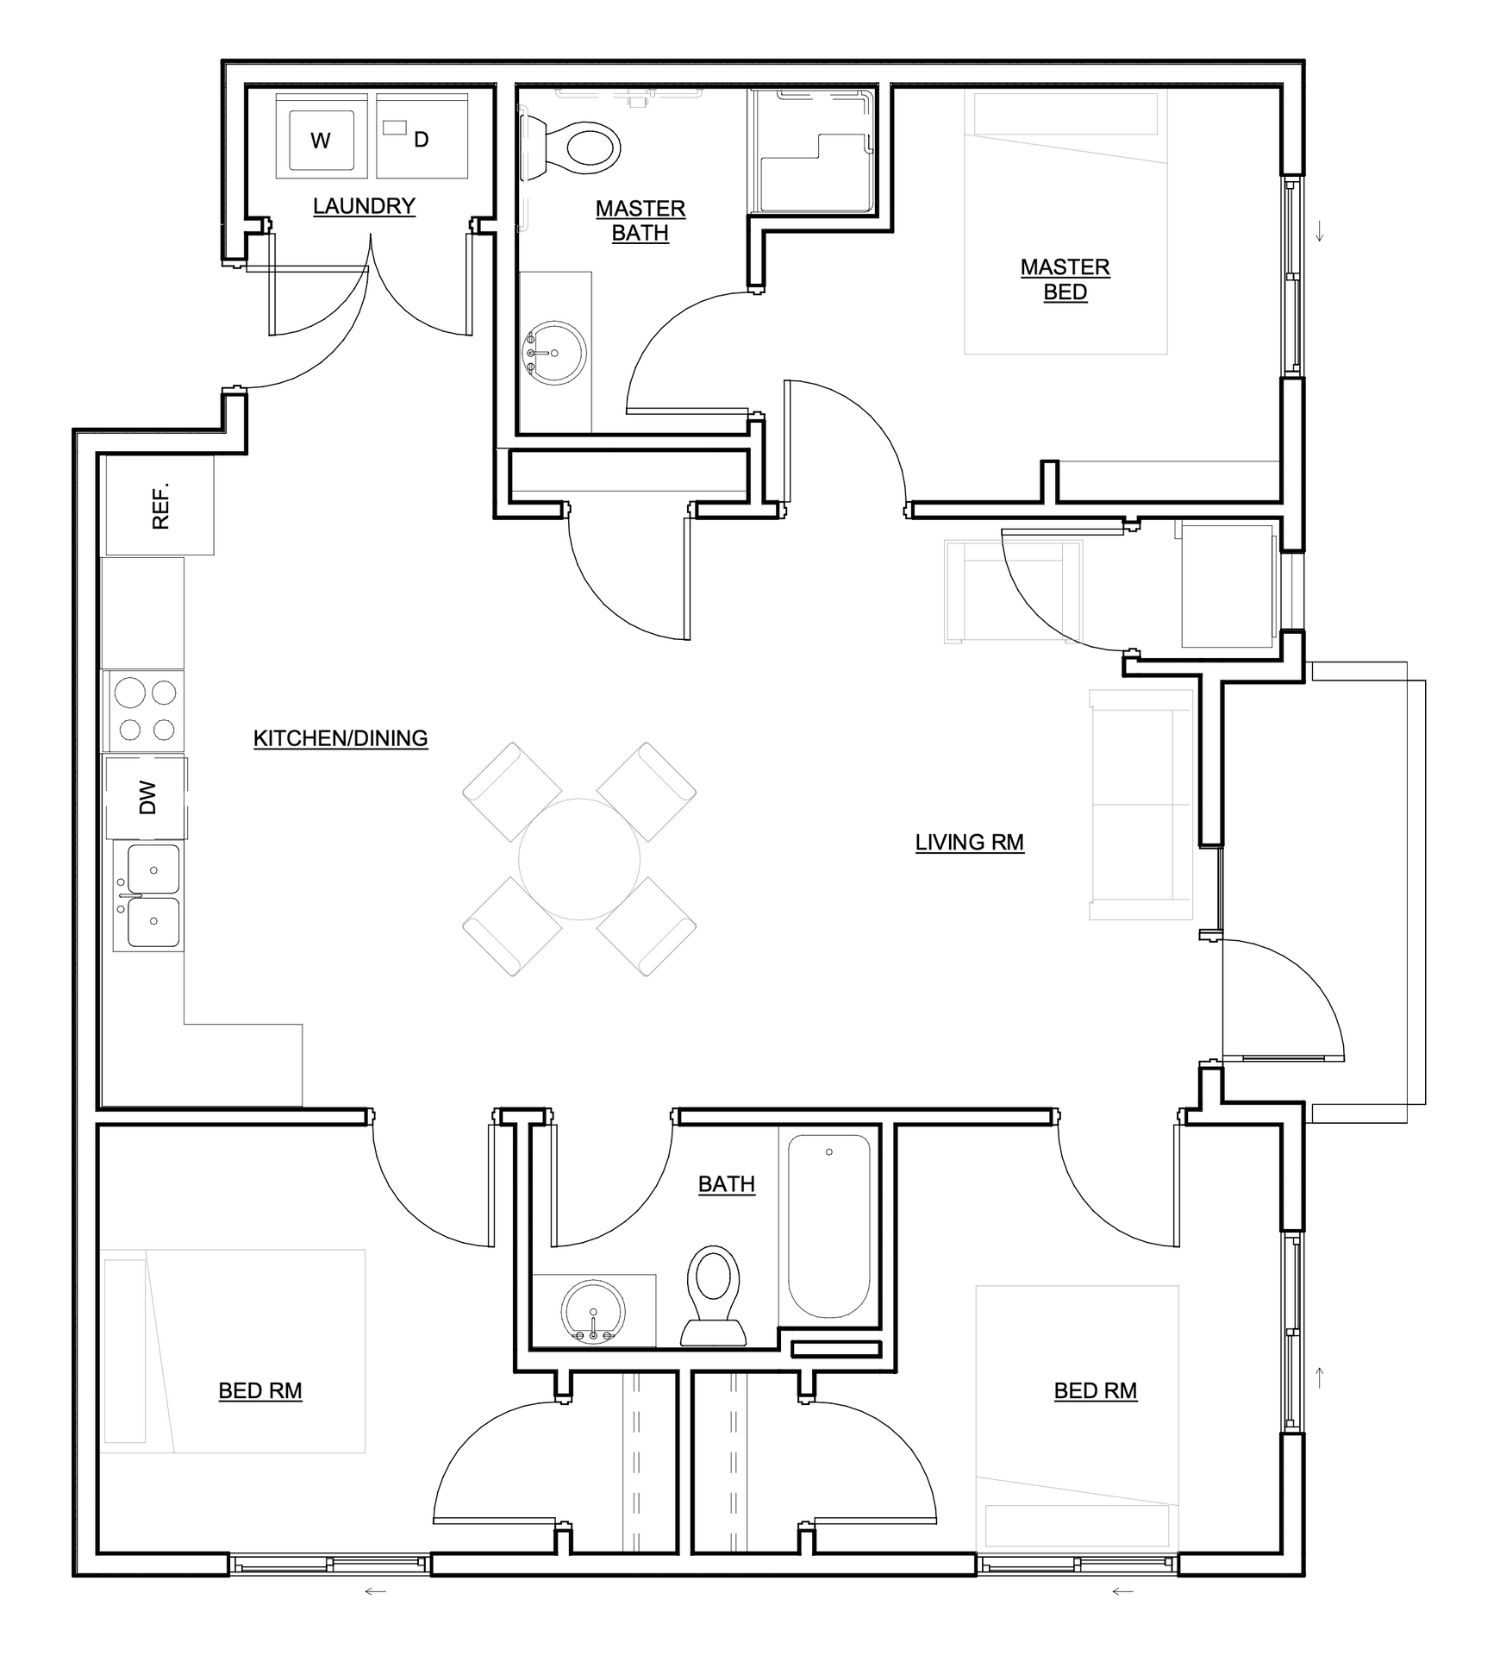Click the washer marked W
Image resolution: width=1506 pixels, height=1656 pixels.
pos(322,135)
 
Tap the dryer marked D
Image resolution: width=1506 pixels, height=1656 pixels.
pos(422,135)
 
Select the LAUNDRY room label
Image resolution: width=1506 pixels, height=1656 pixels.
pos(364,206)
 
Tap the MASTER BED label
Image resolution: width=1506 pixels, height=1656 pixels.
pos(1065,279)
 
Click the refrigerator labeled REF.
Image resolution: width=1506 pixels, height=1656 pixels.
pos(159,505)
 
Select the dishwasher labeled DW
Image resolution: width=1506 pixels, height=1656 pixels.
pos(147,797)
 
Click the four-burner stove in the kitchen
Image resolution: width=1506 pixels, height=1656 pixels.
pos(145,711)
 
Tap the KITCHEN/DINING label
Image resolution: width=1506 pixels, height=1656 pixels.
pos(341,738)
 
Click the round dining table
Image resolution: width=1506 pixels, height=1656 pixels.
pos(579,859)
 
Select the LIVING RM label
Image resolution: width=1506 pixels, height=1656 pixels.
pos(970,842)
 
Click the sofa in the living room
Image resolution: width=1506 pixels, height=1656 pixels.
pos(1141,804)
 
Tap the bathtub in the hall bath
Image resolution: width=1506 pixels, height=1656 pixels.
pos(829,1226)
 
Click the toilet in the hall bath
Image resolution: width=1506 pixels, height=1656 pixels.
pos(714,1295)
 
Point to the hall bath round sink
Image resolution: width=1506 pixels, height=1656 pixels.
pos(592,1310)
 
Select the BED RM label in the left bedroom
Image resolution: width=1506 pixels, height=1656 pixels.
pos(260,1390)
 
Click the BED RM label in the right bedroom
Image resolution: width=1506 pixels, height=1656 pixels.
pos(1096,1390)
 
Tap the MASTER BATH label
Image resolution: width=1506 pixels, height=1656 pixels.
pos(641,221)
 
